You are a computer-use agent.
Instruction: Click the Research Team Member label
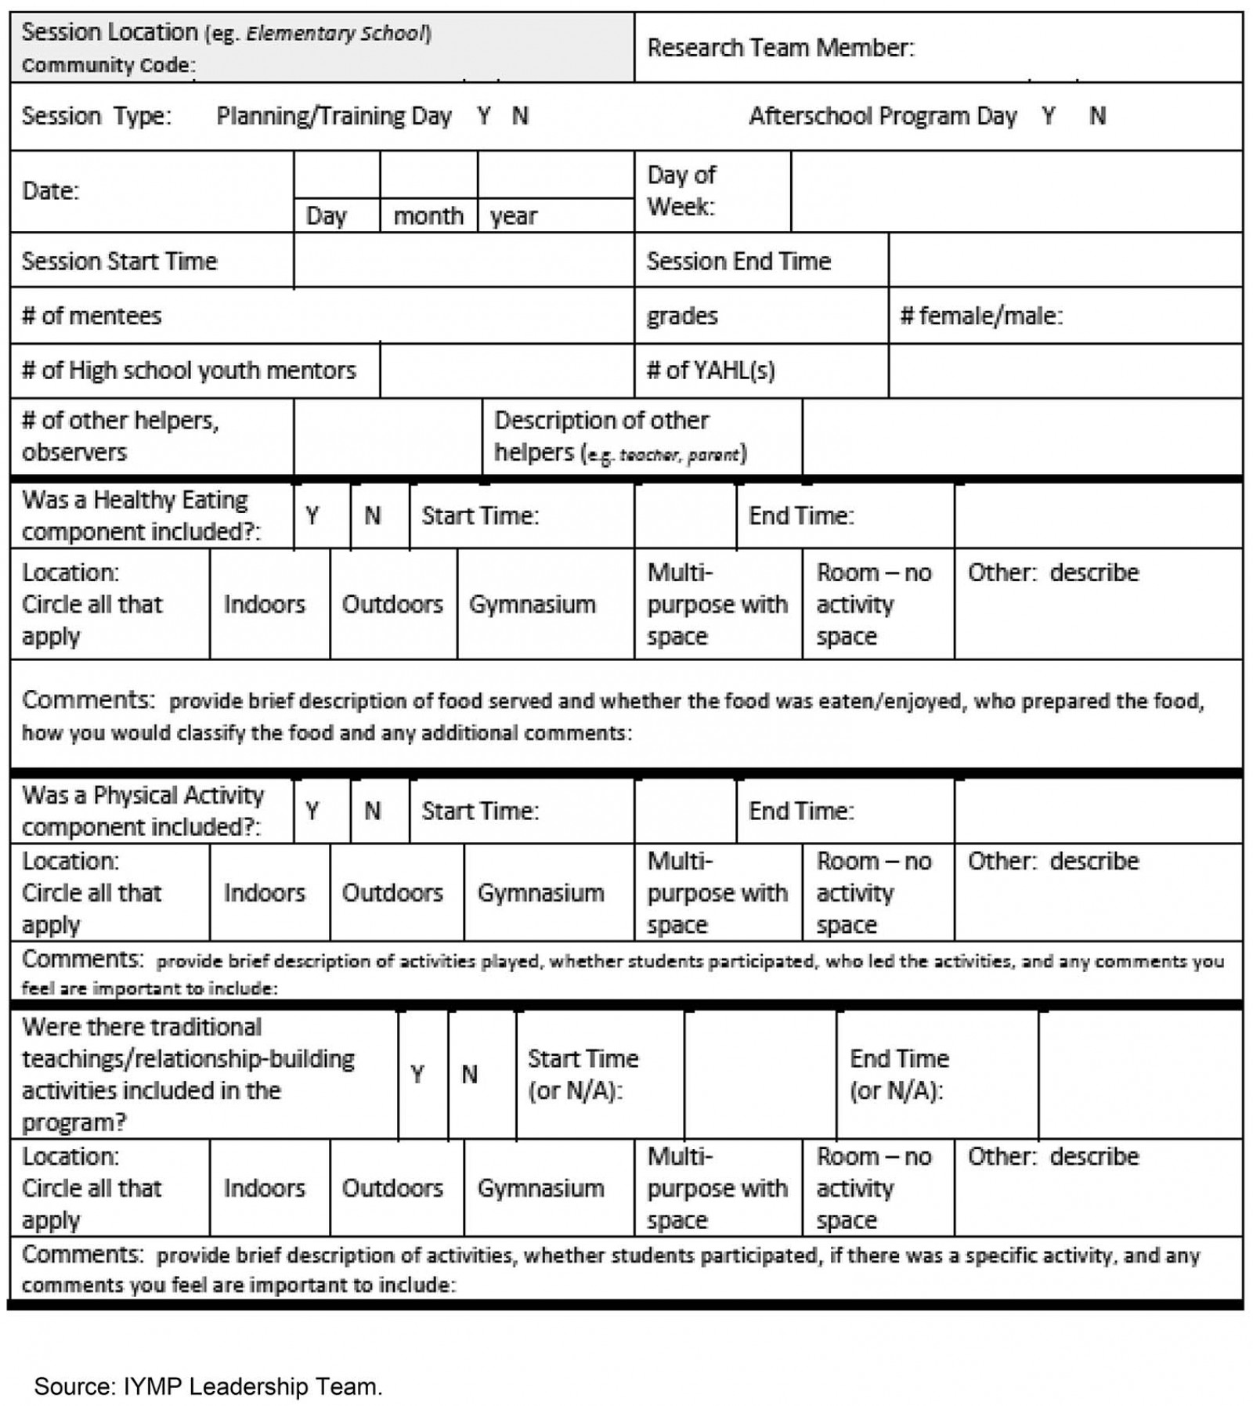(x=780, y=49)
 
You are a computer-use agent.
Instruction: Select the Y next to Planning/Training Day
(x=484, y=117)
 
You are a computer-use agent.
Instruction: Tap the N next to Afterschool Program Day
(x=1097, y=117)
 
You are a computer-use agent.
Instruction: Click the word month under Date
(x=428, y=215)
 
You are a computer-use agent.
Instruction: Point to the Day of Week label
(x=681, y=190)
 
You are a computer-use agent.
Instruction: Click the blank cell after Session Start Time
(x=463, y=261)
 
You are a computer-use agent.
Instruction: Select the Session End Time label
(x=738, y=261)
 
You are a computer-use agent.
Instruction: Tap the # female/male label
(x=981, y=316)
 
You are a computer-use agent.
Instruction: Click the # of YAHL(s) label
(x=710, y=370)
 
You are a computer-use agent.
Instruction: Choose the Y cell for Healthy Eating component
(x=312, y=515)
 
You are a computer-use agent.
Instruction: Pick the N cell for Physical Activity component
(x=373, y=811)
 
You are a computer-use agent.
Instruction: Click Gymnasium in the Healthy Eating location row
(x=532, y=604)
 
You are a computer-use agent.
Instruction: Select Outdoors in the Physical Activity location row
(x=392, y=892)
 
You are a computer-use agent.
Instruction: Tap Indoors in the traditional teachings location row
(x=264, y=1187)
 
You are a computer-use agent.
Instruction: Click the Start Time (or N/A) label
(x=583, y=1074)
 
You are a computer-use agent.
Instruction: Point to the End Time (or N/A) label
(x=899, y=1074)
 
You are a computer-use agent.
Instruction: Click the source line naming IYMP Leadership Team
(x=208, y=1386)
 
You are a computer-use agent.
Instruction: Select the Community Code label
(x=108, y=65)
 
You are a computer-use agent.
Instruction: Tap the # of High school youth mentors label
(x=189, y=370)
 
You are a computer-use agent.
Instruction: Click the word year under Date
(x=514, y=215)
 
